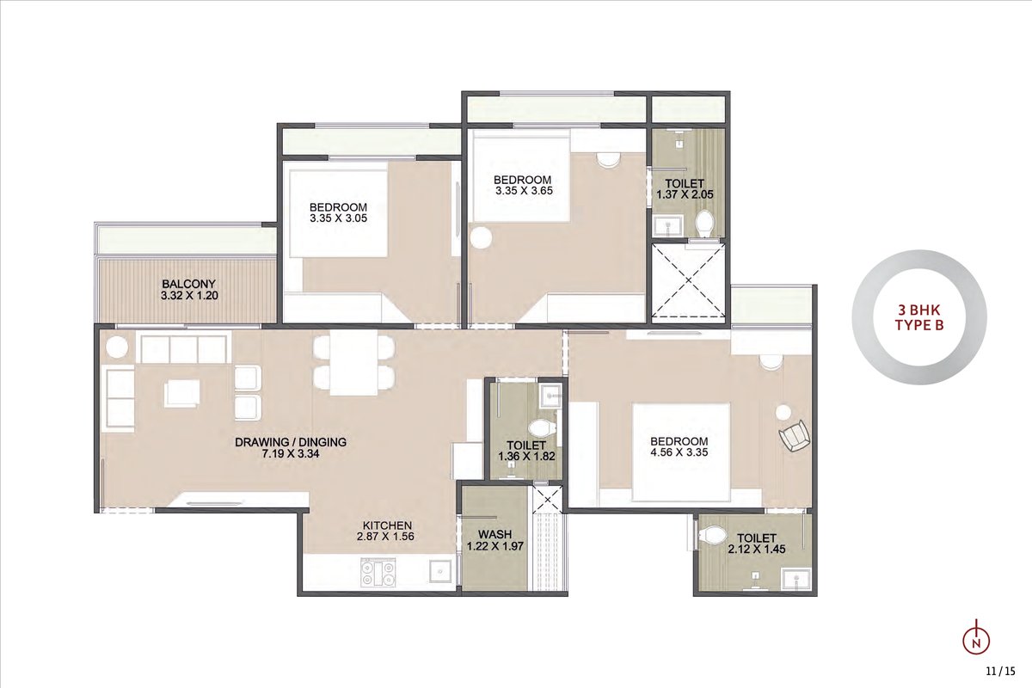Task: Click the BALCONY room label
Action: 189,284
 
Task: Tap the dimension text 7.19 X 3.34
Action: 291,454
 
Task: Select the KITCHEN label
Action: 387,525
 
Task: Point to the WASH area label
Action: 494,535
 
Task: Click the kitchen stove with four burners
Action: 378,573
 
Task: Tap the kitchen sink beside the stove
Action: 441,571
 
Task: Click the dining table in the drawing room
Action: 353,363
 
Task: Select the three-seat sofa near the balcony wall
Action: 184,349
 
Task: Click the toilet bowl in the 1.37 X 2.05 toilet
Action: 704,223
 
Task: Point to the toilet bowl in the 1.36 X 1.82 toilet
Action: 542,428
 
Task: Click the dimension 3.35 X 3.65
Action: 524,191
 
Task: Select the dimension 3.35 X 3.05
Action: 339,218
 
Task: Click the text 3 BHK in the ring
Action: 919,309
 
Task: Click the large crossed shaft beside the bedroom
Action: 688,280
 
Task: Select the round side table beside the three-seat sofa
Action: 117,347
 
